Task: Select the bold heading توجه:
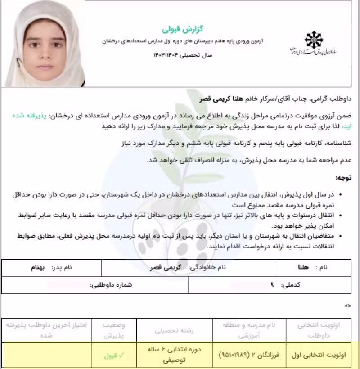tap(344, 178)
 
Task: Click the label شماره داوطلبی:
tap(111, 285)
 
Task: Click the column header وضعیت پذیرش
tap(114, 330)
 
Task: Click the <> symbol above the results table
tap(347, 306)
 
